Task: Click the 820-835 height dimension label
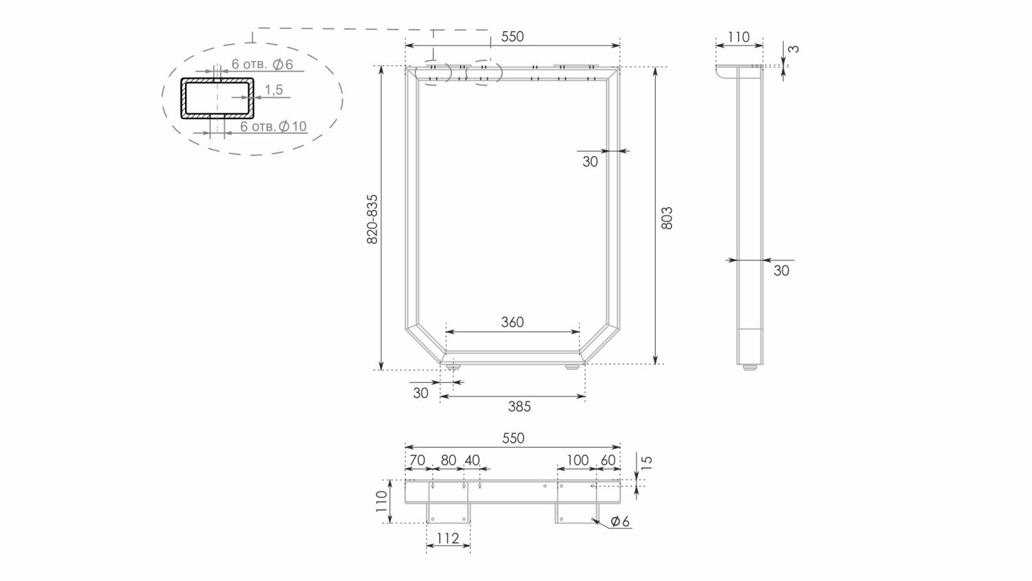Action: point(372,219)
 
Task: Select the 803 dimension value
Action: point(667,218)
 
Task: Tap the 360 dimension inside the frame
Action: point(513,322)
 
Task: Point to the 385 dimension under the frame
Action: point(519,406)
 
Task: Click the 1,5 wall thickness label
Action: point(274,89)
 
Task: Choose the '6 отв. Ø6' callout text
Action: point(262,64)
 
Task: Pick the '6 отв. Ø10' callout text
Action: point(274,126)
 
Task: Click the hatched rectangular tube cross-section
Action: point(217,98)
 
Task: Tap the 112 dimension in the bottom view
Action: point(448,538)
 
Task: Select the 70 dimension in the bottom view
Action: point(417,461)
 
